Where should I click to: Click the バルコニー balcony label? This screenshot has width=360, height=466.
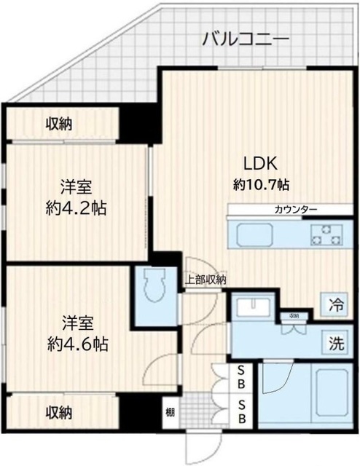pyautogui.click(x=247, y=38)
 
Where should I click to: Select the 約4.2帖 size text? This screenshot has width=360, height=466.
pyautogui.click(x=75, y=208)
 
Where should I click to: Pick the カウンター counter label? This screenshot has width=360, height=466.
pyautogui.click(x=296, y=210)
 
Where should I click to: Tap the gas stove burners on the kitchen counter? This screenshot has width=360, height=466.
pyautogui.click(x=326, y=234)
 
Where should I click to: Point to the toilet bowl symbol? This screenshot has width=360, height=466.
pyautogui.click(x=153, y=288)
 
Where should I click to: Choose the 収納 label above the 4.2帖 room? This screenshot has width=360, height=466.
pyautogui.click(x=60, y=124)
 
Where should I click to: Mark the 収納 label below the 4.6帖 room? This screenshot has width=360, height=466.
pyautogui.click(x=60, y=413)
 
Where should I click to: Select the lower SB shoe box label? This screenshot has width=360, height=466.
pyautogui.click(x=242, y=412)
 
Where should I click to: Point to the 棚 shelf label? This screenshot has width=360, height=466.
pyautogui.click(x=169, y=413)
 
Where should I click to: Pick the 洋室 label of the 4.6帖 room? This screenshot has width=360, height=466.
pyautogui.click(x=75, y=320)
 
